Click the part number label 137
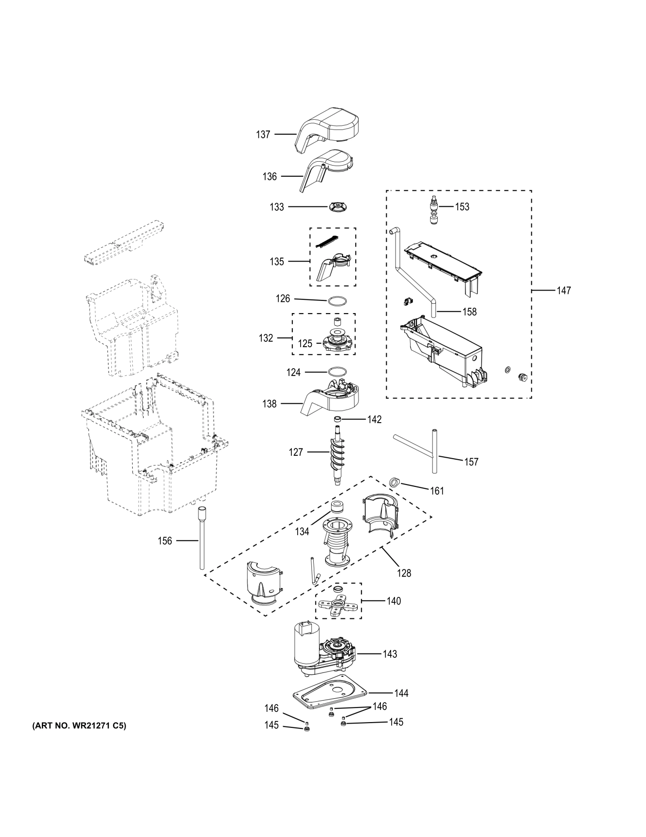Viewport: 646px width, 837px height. pos(263,134)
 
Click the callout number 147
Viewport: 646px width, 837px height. pos(564,291)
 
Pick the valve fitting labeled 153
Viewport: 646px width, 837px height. pos(434,210)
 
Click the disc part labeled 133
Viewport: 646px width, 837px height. pos(336,207)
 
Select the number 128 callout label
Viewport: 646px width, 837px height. pos(404,573)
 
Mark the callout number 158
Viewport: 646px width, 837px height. pos(469,312)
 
